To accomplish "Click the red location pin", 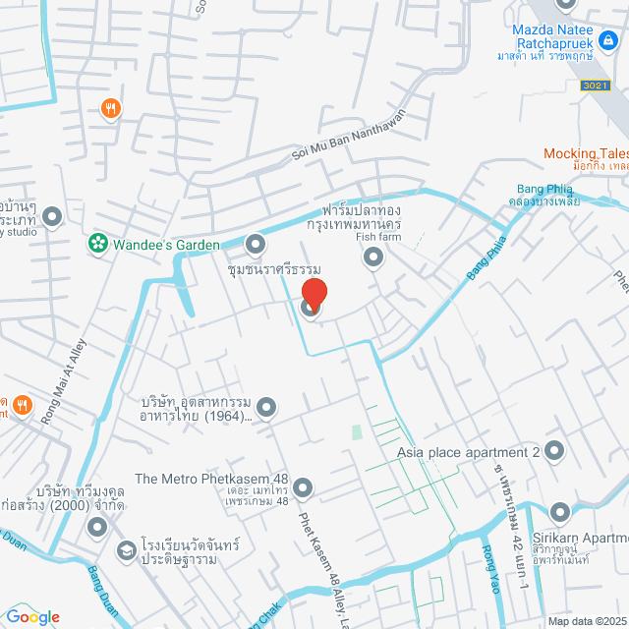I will tap(313, 294).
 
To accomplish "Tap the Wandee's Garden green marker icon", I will tap(97, 242).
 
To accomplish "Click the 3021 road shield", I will tap(595, 86).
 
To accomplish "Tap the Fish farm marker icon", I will tap(372, 257).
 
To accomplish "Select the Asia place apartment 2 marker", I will tap(554, 452).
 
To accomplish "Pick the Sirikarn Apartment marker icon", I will tap(560, 512).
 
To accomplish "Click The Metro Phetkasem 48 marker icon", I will tap(303, 487).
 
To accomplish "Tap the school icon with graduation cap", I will tap(126, 550).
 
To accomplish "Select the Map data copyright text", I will tap(586, 621).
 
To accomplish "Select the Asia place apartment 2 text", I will tap(469, 453).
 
